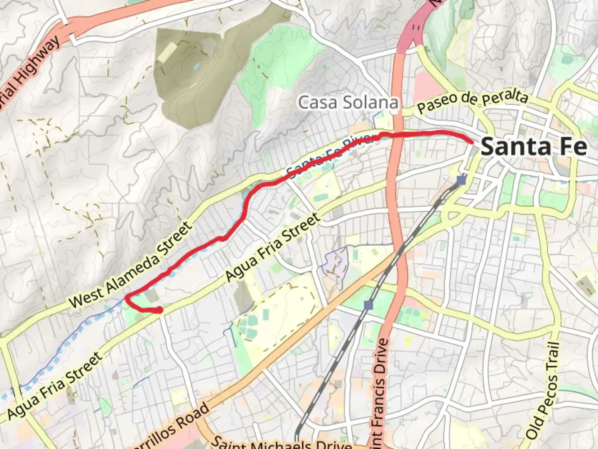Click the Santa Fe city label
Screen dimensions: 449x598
(x=534, y=147)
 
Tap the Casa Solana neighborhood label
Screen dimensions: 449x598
(x=348, y=103)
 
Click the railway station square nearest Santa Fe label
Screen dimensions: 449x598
(x=461, y=180)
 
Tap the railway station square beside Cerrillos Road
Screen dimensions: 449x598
(x=368, y=306)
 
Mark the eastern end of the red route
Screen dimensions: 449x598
(x=472, y=142)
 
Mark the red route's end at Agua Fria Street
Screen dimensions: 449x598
(x=159, y=310)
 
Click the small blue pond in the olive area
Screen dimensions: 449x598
(x=196, y=66)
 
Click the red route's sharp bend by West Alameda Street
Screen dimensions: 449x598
(x=127, y=296)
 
